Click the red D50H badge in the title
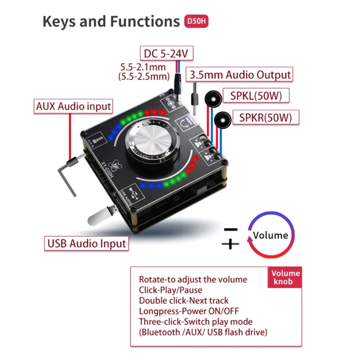(x=197, y=22)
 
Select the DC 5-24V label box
(x=166, y=54)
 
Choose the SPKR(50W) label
(x=265, y=118)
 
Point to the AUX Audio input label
(x=73, y=107)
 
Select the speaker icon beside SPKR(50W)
(x=221, y=120)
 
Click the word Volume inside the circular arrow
(x=270, y=235)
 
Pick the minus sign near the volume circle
(x=231, y=229)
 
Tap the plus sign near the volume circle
(x=230, y=244)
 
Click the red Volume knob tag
(x=286, y=277)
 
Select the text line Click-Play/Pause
(x=171, y=290)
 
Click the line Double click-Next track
(x=184, y=301)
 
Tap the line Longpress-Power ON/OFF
(x=189, y=311)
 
